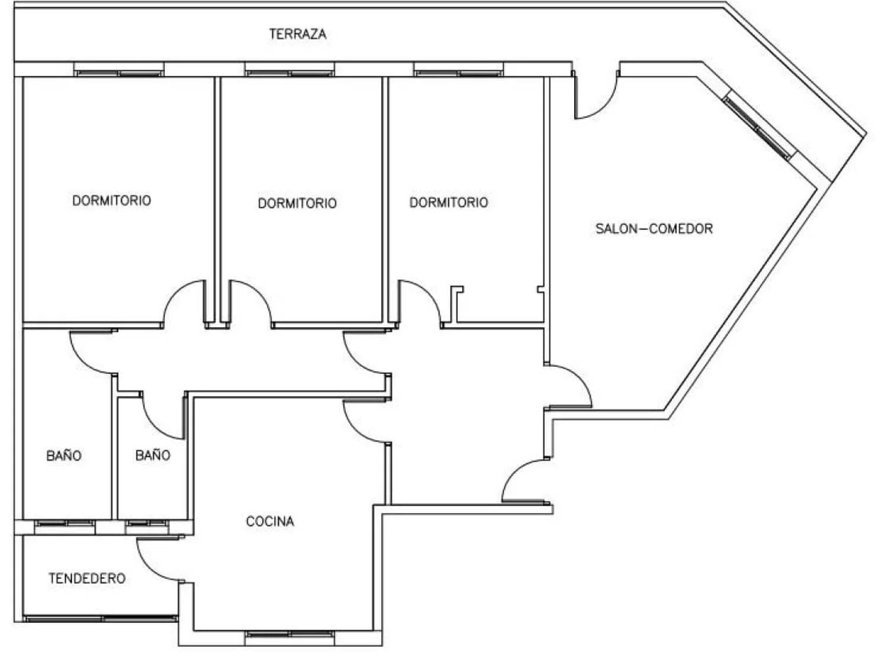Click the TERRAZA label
pyautogui.click(x=297, y=34)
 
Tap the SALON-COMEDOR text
pyautogui.click(x=654, y=228)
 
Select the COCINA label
pyautogui.click(x=270, y=521)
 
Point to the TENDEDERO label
pyautogui.click(x=87, y=578)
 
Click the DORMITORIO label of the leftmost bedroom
pyautogui.click(x=112, y=200)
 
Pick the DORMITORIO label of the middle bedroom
pyautogui.click(x=297, y=203)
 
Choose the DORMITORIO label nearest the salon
pyautogui.click(x=449, y=202)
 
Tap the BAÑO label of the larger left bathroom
pyautogui.click(x=64, y=455)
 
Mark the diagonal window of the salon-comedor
pyautogui.click(x=759, y=128)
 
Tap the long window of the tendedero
pyautogui.click(x=101, y=618)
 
